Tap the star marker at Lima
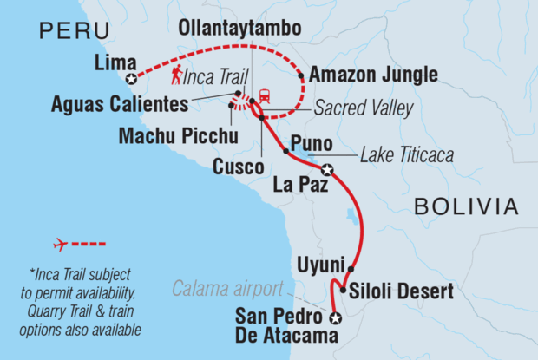[130, 79]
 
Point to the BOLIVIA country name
[466, 206]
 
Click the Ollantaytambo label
[239, 29]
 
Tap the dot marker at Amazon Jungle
[301, 76]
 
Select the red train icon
[263, 95]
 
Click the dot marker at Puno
[285, 151]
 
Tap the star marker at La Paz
[326, 169]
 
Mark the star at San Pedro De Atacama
[336, 318]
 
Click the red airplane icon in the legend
[61, 245]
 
